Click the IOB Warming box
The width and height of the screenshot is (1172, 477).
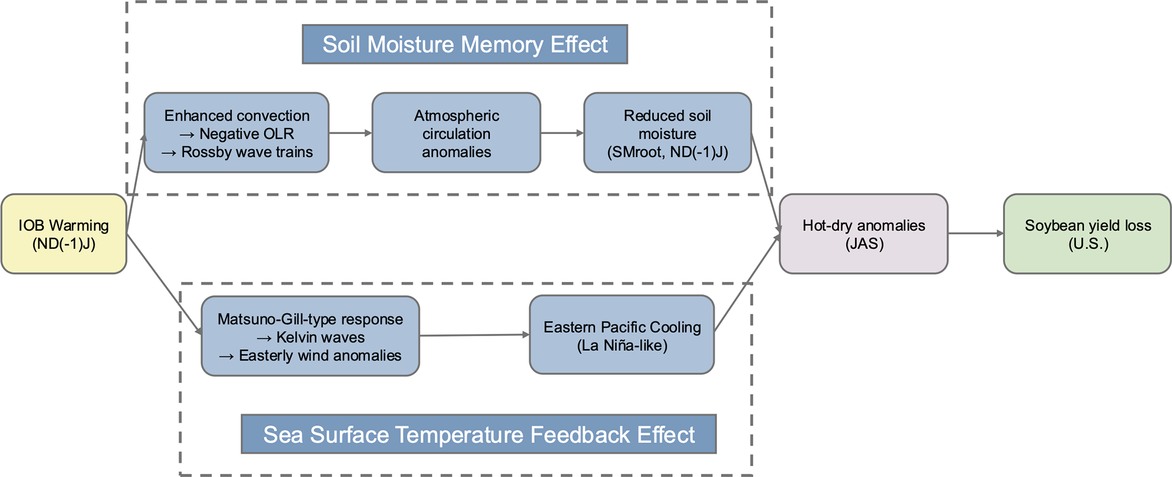[x=64, y=234]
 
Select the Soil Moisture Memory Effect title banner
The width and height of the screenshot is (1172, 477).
[x=465, y=44]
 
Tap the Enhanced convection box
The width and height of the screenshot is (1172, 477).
[x=237, y=133]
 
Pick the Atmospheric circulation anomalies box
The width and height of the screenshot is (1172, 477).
[x=456, y=133]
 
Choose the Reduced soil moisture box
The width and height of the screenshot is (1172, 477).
[x=667, y=133]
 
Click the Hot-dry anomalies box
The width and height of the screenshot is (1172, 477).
[x=863, y=234]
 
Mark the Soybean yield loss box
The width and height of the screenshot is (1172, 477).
[x=1087, y=234]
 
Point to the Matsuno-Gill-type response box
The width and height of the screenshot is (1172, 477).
[x=310, y=336]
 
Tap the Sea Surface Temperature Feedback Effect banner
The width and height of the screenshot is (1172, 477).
[x=479, y=434]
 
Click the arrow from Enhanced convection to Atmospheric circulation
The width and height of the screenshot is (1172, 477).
[x=350, y=133]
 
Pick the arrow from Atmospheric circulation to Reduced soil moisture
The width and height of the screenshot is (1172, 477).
[x=562, y=133]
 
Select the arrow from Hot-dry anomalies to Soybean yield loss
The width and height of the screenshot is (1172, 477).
[x=975, y=233]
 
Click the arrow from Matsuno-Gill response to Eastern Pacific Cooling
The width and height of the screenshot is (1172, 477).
[x=474, y=335]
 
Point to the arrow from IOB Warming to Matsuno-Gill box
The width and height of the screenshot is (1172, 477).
[x=164, y=284]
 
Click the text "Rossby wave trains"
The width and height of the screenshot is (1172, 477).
[x=247, y=152]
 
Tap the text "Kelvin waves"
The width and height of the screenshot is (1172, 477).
[x=321, y=337]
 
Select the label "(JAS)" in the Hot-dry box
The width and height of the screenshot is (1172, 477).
[x=864, y=244]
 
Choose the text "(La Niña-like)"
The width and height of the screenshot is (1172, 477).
[x=622, y=345]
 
